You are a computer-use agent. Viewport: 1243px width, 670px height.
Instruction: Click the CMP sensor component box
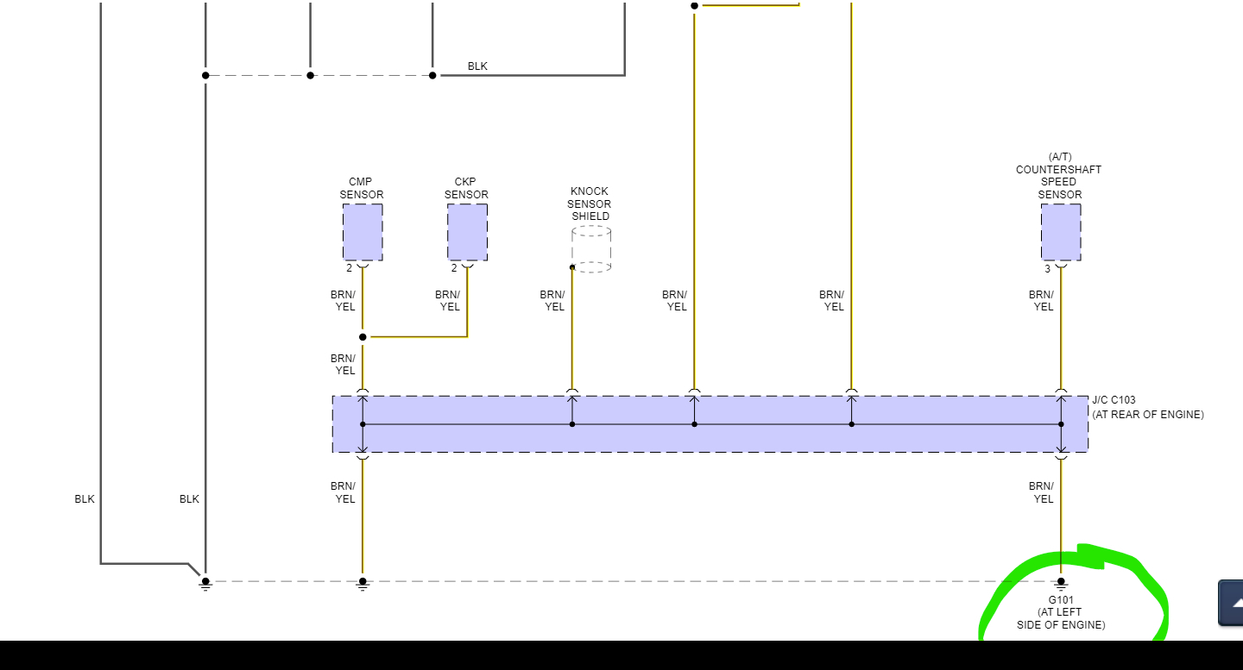pyautogui.click(x=363, y=232)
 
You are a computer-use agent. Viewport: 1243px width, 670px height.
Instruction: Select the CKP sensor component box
pyautogui.click(x=467, y=232)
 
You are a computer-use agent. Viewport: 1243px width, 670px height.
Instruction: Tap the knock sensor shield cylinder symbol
pyautogui.click(x=591, y=249)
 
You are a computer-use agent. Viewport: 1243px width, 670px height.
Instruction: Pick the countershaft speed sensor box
pyautogui.click(x=1061, y=232)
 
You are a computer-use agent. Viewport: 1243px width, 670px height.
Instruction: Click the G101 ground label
pyautogui.click(x=1061, y=600)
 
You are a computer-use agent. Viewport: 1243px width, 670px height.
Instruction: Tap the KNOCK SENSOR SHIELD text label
pyautogui.click(x=590, y=204)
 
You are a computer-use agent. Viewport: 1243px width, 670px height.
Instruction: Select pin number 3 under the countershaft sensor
pyautogui.click(x=1048, y=269)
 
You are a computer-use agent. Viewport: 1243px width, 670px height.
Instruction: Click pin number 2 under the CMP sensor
pyautogui.click(x=350, y=268)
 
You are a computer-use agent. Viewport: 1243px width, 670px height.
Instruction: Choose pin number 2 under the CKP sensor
pyautogui.click(x=454, y=268)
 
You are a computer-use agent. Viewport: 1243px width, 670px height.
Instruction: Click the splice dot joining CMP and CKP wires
pyautogui.click(x=363, y=337)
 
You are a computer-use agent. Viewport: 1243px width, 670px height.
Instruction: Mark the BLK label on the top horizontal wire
pyautogui.click(x=477, y=66)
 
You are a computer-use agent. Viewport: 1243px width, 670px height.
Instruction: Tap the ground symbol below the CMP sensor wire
pyautogui.click(x=363, y=584)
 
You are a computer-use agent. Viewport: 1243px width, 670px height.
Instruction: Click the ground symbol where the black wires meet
pyautogui.click(x=205, y=584)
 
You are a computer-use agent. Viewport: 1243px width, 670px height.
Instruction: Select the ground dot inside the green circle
pyautogui.click(x=1061, y=582)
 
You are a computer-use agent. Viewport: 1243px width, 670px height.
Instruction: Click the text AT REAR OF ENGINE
pyautogui.click(x=1148, y=415)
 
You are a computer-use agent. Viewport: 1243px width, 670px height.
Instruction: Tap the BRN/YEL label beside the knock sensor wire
pyautogui.click(x=552, y=301)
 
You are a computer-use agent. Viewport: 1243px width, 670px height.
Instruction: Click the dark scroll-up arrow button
pyautogui.click(x=1232, y=603)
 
